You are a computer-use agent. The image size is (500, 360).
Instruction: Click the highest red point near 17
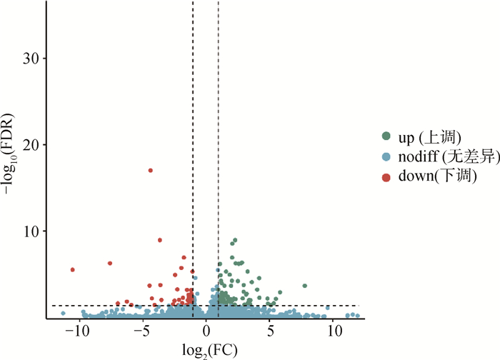point(150,170)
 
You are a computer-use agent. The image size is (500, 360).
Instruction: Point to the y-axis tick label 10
point(32,231)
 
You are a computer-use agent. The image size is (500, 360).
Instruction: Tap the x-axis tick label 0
point(206,331)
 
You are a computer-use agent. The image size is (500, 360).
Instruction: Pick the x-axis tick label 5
point(270,331)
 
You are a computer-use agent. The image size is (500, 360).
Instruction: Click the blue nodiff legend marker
point(386,156)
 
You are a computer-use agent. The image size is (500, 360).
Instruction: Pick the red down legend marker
point(386,175)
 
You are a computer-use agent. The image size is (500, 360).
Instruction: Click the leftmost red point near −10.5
point(72,269)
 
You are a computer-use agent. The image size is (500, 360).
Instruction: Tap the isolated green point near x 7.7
point(305,286)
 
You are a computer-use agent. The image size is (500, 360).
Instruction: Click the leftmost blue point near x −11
point(63,313)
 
